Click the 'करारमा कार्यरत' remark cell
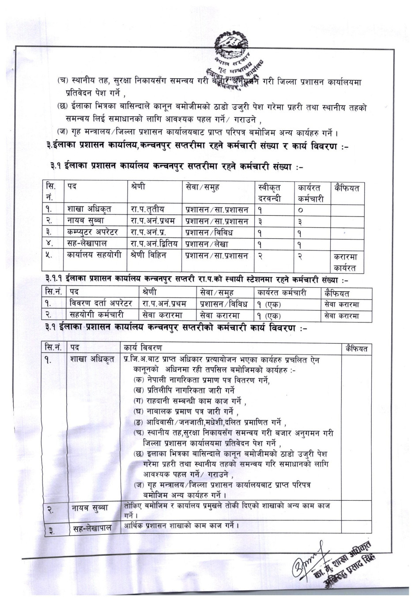point(347,262)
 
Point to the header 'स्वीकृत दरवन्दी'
point(269,193)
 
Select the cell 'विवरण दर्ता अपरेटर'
point(101,304)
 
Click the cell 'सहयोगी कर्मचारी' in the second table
point(97,315)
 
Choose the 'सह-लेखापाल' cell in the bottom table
point(92,527)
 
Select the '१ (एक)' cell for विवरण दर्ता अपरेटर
point(269,304)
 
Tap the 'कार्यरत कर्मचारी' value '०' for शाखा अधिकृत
point(300,210)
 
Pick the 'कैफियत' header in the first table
point(347,188)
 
